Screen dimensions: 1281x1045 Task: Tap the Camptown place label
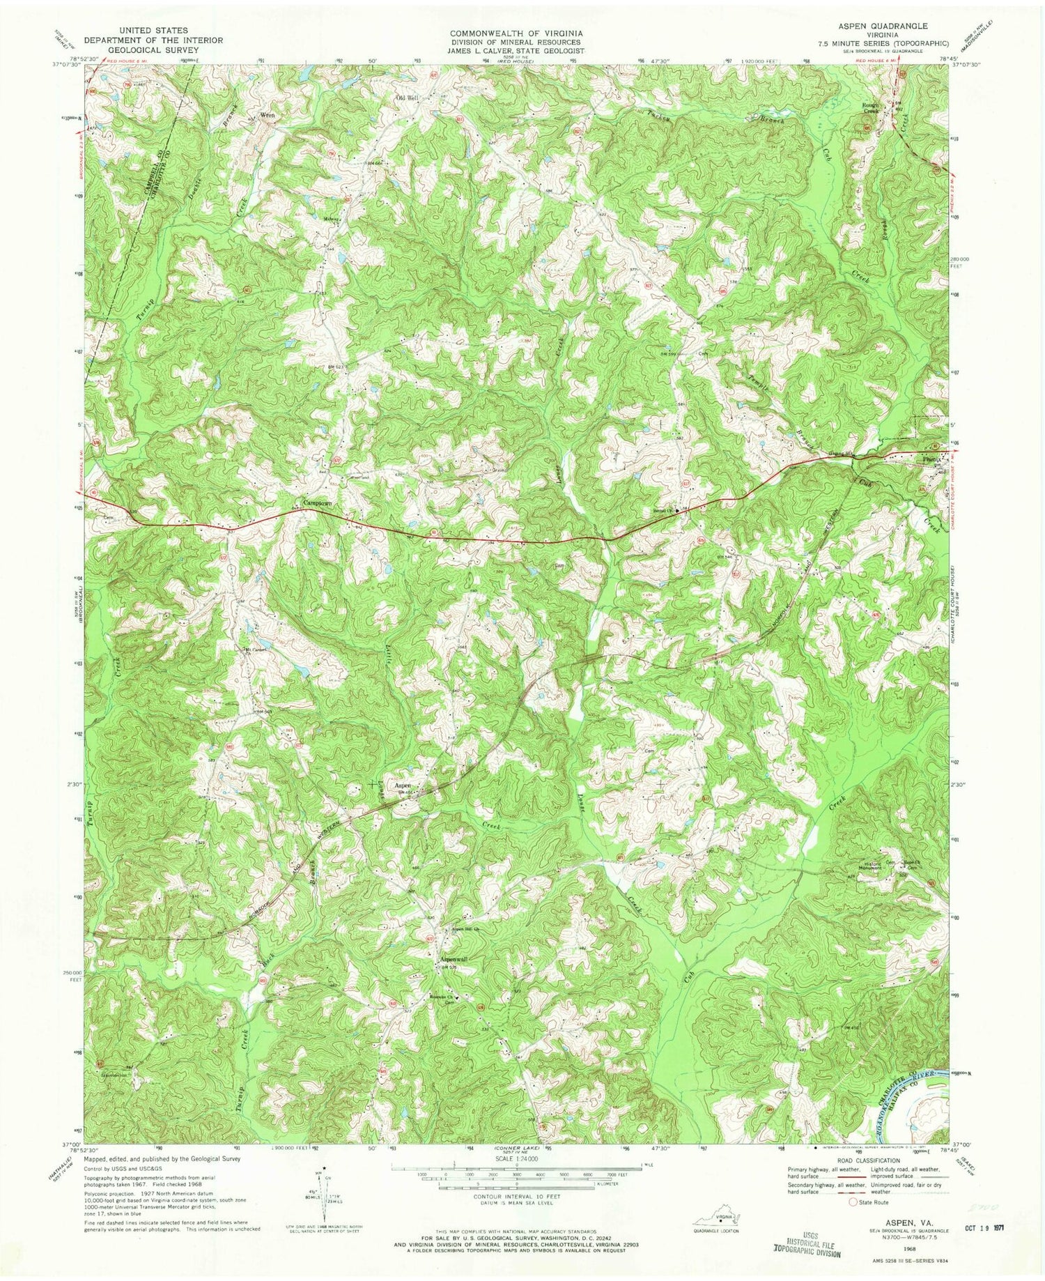tap(316, 503)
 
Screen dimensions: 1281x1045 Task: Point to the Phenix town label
tap(932, 460)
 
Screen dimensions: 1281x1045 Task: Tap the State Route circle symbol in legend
tap(852, 1202)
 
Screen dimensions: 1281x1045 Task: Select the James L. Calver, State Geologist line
tap(516, 51)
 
